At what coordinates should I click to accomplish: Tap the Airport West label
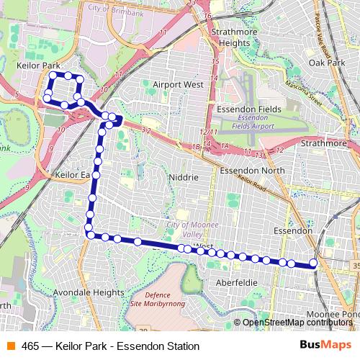(x=178, y=84)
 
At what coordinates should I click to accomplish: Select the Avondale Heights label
(x=89, y=293)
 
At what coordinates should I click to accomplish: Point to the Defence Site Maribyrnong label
(x=165, y=300)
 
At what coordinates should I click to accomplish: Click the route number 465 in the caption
(x=31, y=346)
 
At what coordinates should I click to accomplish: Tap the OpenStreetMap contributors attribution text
(x=297, y=323)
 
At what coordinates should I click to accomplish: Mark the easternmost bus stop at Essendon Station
(x=314, y=264)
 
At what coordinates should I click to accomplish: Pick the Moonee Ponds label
(x=333, y=315)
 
